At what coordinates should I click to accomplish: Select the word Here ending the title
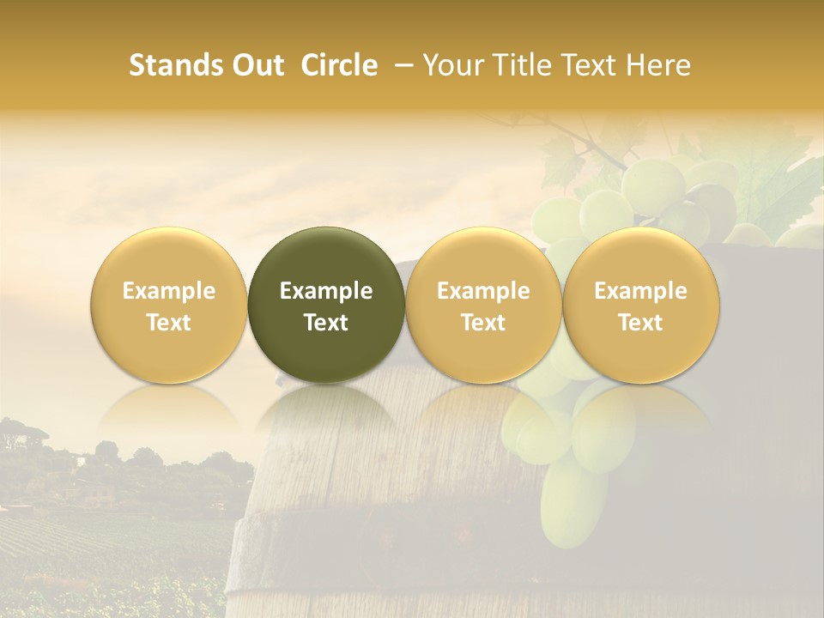click(657, 65)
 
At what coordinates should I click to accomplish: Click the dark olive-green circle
click(326, 305)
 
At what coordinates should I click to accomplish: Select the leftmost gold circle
click(169, 305)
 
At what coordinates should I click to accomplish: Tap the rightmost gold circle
click(640, 305)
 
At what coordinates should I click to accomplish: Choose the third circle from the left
click(483, 305)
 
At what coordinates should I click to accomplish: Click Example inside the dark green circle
click(326, 291)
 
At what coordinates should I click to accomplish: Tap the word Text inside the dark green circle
click(326, 323)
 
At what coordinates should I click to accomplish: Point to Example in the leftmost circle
click(169, 291)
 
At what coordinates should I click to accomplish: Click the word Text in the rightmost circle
click(640, 323)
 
